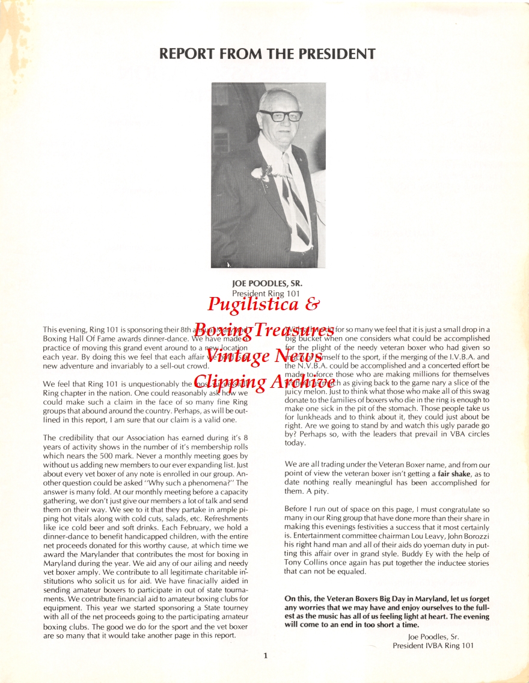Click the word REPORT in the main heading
pos(187,54)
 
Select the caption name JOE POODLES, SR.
pos(267,283)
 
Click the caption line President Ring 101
pos(266,293)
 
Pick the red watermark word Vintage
pos(237,355)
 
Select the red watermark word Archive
pos(295,381)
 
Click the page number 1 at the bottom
pos(265,656)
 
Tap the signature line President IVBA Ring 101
pos(433,646)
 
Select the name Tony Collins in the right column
pos(306,563)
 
